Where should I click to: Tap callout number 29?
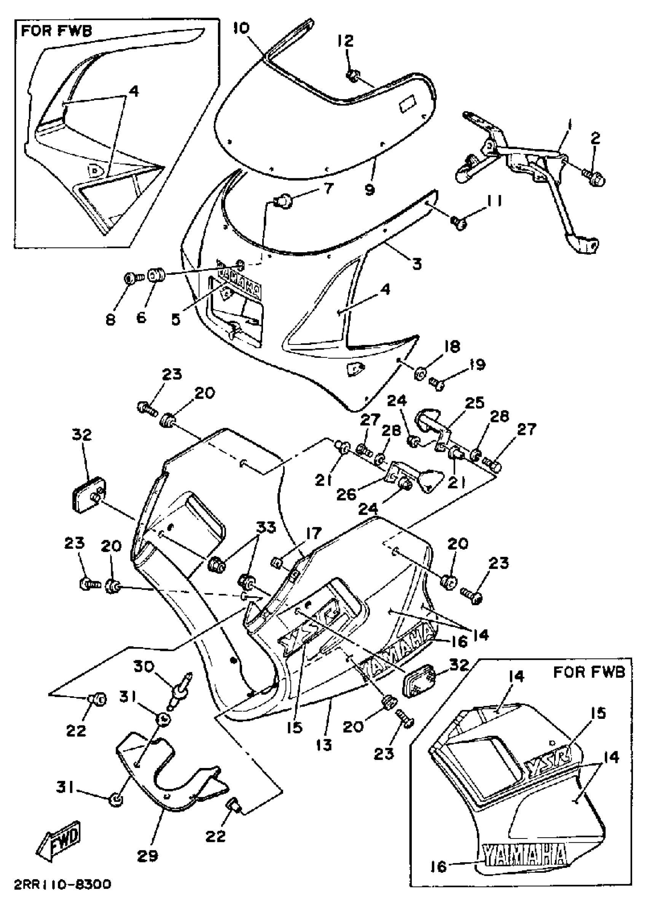click(147, 855)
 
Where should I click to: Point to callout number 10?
click(241, 28)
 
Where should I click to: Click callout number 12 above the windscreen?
click(346, 41)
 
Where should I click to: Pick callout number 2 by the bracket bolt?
click(595, 138)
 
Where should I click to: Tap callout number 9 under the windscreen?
click(370, 190)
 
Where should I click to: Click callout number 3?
click(417, 264)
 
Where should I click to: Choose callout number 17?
click(314, 533)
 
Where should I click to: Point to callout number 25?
click(474, 403)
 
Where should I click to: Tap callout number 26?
click(346, 494)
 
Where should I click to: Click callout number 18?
click(452, 346)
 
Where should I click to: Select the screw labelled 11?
click(458, 222)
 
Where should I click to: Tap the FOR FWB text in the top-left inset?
click(56, 31)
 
